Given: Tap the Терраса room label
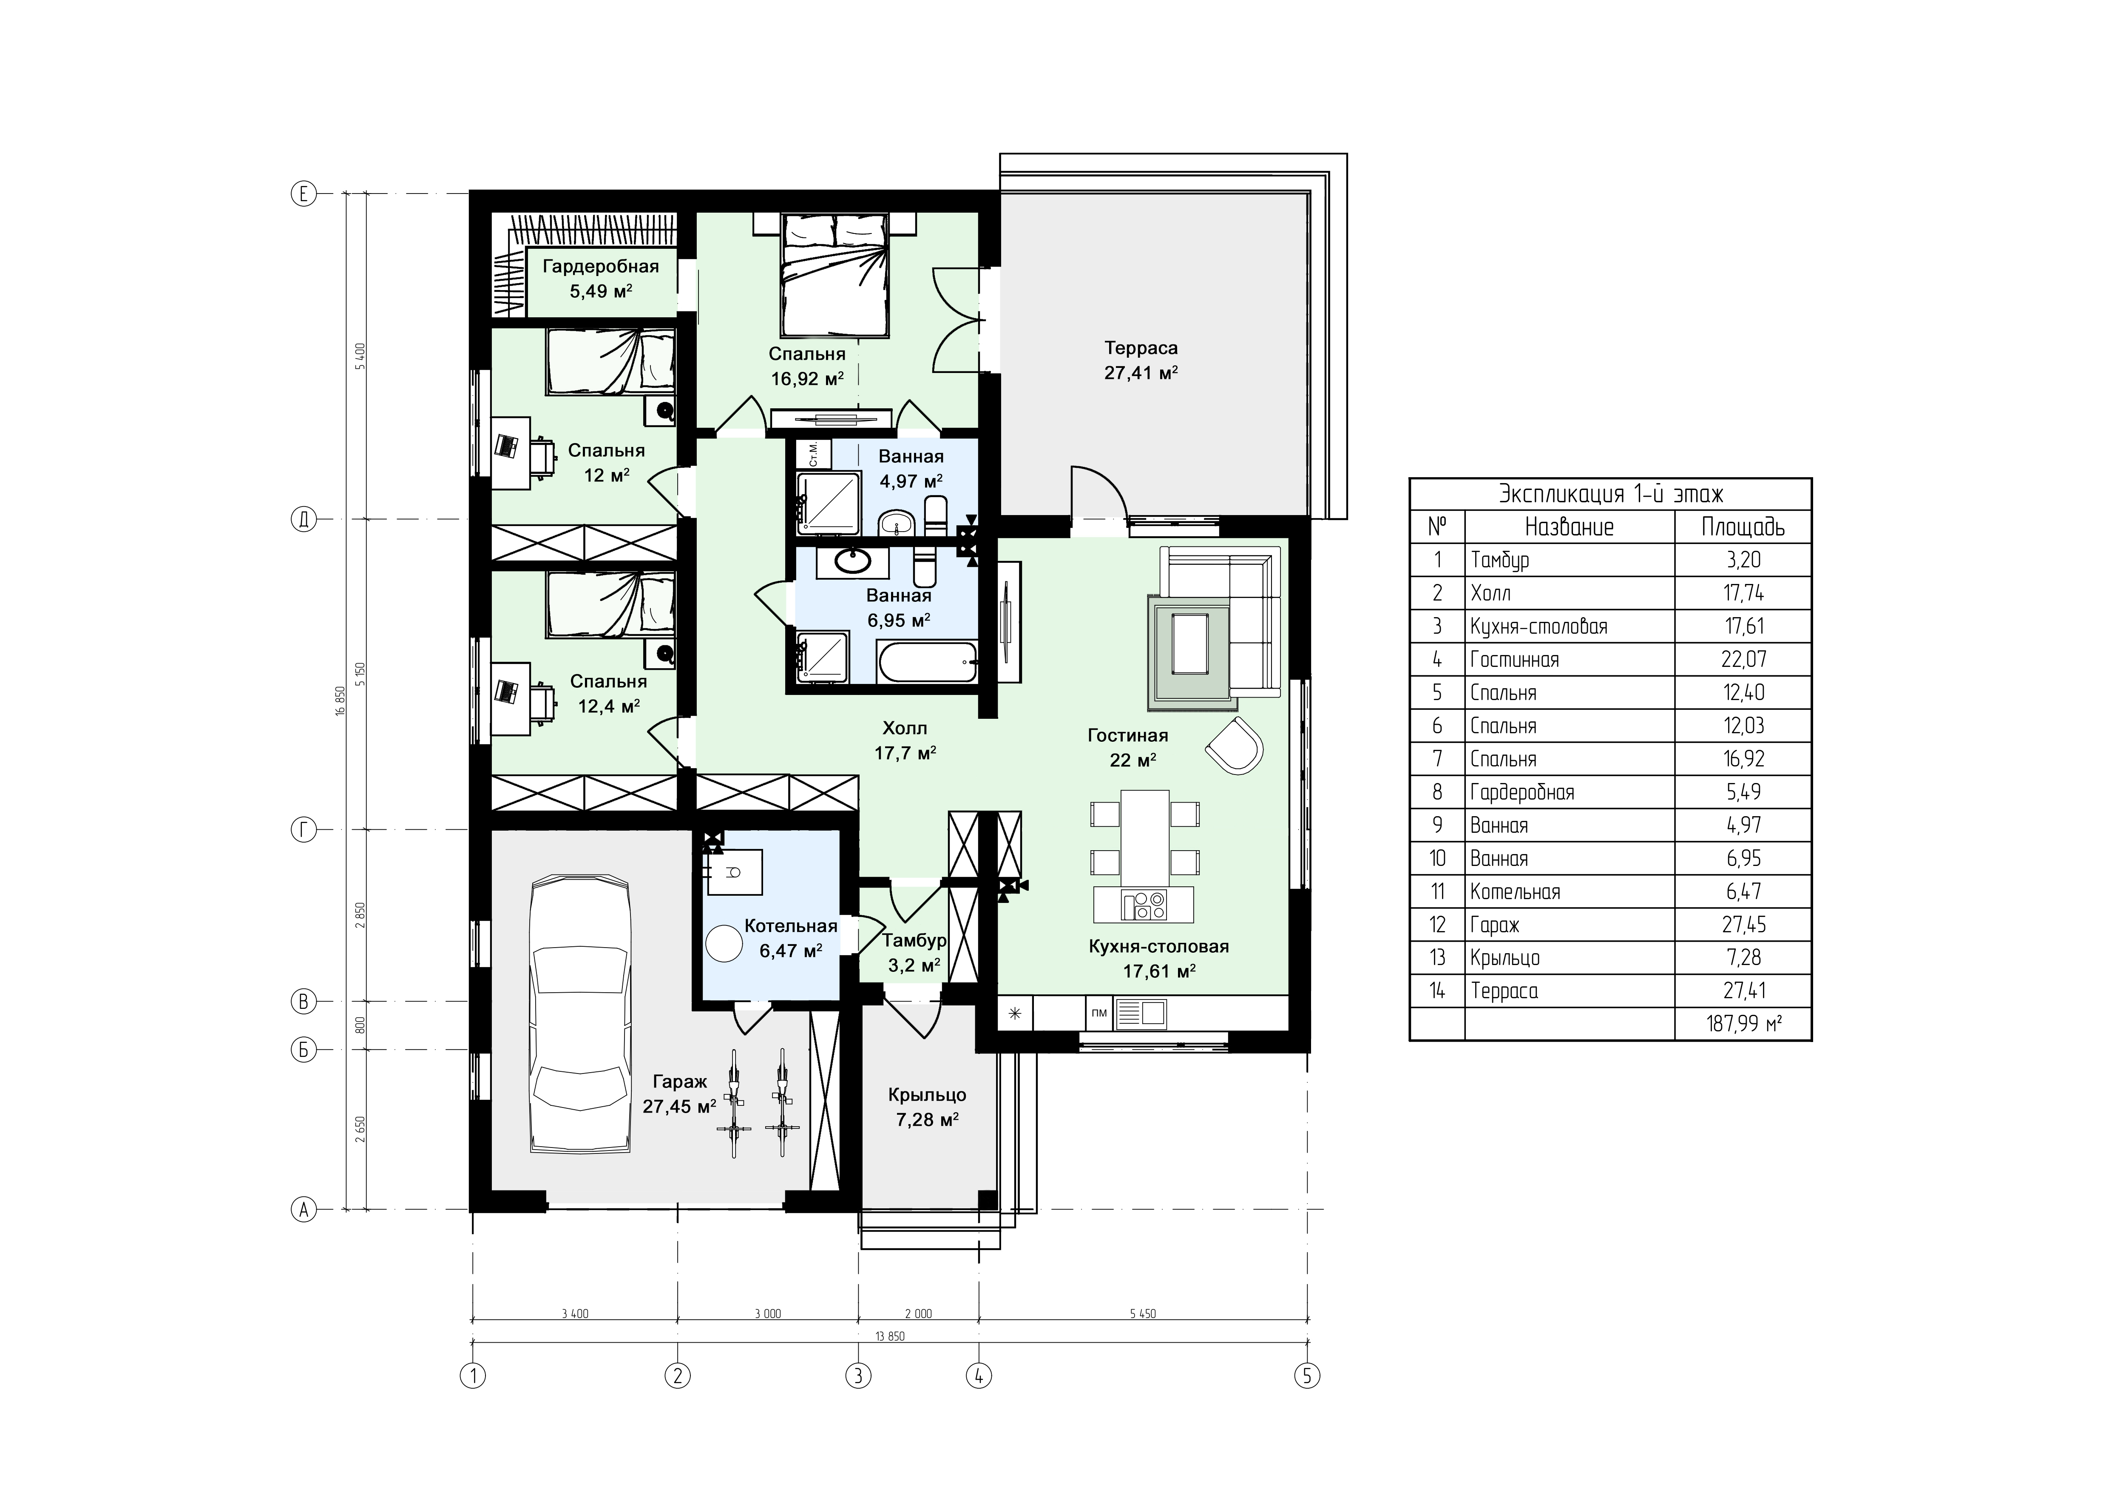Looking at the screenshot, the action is [x=1141, y=348].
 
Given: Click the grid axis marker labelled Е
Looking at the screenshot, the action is [x=303, y=194].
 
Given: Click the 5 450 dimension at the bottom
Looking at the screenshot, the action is [x=1143, y=1314].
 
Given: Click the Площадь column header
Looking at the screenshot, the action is [x=1743, y=527].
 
